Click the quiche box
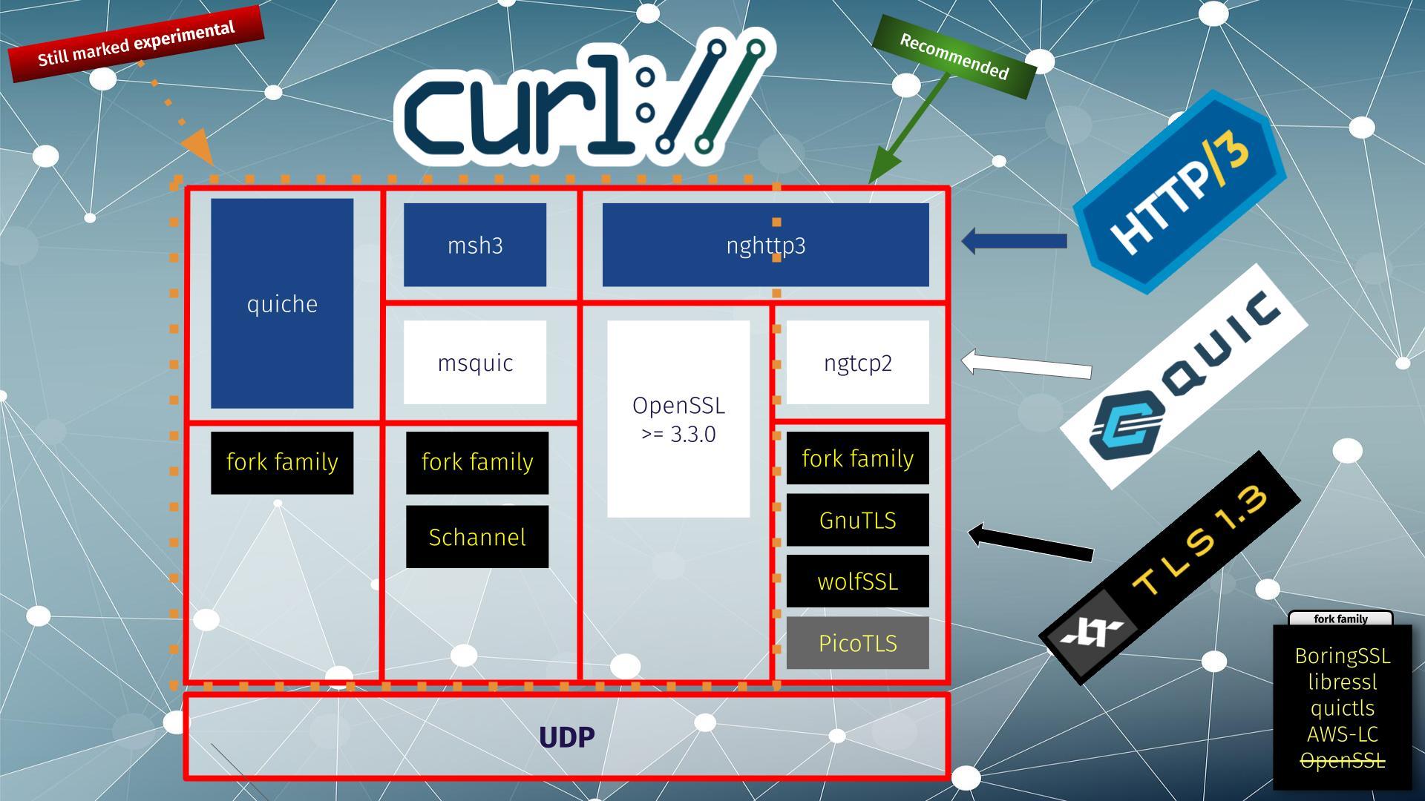(282, 303)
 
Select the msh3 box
(475, 245)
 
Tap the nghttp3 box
(765, 245)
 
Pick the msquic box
(475, 363)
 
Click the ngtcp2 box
(857, 363)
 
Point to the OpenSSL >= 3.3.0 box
(678, 419)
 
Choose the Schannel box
(477, 537)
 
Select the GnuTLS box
(857, 520)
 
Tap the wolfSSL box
(857, 581)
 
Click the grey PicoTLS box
(857, 643)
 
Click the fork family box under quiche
(282, 462)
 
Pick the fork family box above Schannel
(477, 462)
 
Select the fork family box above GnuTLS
(857, 458)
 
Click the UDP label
(567, 737)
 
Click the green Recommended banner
(954, 56)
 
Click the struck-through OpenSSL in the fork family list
(1342, 761)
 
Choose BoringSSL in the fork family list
(1342, 656)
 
